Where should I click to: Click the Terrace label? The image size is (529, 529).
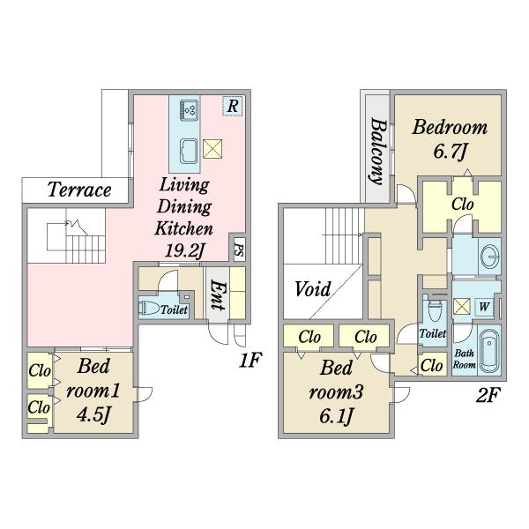point(79,190)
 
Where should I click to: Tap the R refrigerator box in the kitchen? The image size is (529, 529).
point(233,106)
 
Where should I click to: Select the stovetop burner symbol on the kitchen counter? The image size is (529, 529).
point(189,110)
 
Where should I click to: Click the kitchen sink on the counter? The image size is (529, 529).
point(189,151)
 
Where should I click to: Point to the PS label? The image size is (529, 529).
point(239,250)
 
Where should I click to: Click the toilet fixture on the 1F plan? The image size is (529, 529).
point(149,308)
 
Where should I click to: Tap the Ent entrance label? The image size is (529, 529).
point(217,294)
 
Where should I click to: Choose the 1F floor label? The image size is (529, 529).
point(250,360)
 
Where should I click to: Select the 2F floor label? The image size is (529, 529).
point(488,395)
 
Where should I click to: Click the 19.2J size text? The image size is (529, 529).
point(184,250)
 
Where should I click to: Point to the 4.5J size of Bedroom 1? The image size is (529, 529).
point(93,414)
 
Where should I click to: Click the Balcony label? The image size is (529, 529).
point(377,151)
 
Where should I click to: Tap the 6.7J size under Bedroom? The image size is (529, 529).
point(450,151)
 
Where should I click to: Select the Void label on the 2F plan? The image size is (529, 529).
point(312,289)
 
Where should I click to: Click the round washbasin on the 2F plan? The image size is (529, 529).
point(490,257)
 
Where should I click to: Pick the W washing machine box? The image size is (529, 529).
point(484,307)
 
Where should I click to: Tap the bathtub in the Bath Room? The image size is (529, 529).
point(490,350)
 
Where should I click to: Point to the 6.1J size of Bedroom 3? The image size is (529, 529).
point(336,416)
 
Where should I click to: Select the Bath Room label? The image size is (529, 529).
point(465,359)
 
